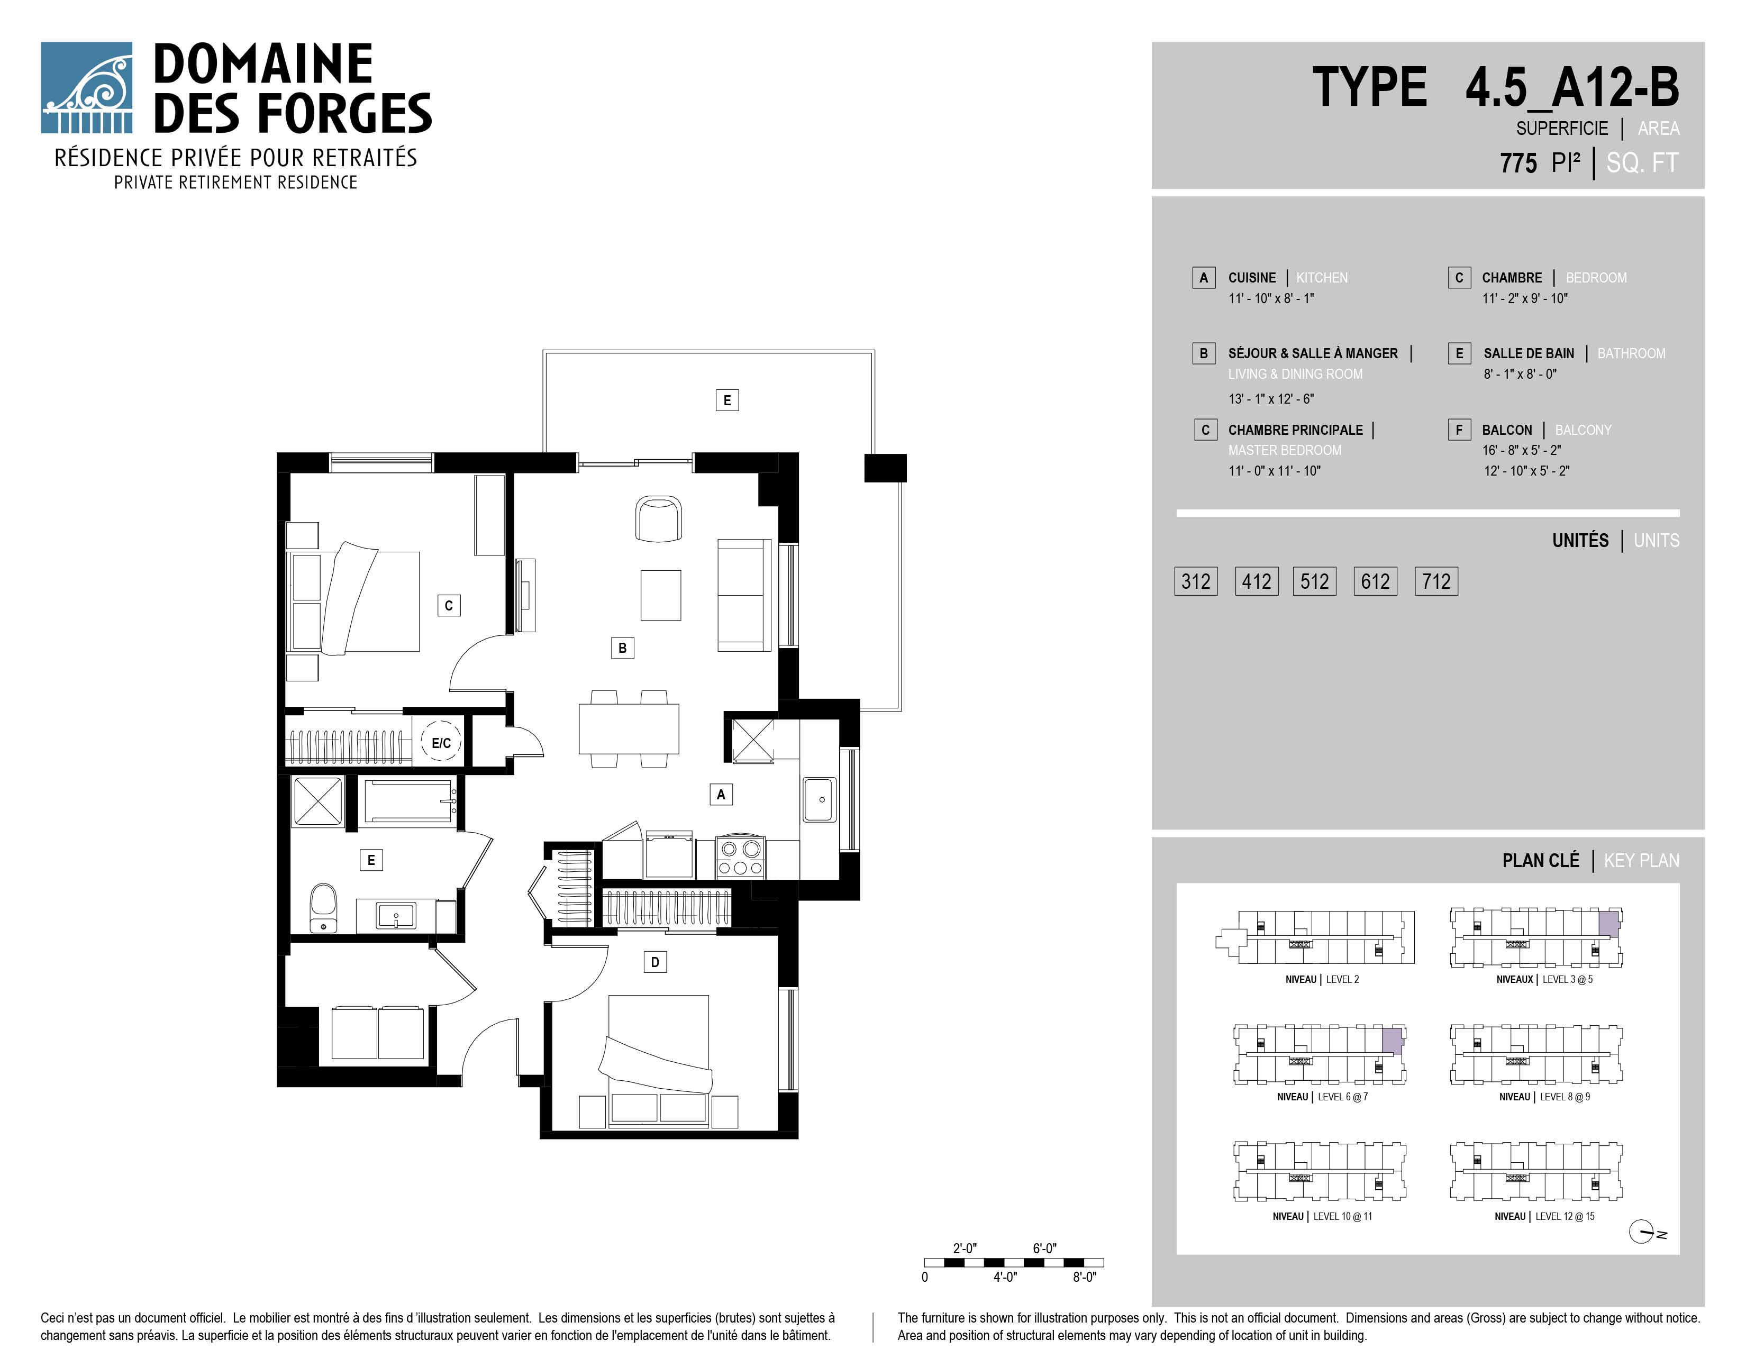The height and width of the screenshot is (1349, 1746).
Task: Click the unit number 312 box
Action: [x=1195, y=581]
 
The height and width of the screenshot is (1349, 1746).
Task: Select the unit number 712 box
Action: [x=1436, y=581]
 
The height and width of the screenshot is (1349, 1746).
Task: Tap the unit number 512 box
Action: [x=1314, y=581]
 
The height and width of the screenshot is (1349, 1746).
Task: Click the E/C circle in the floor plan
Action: [x=441, y=742]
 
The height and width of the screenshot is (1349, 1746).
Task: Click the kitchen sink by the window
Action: [x=820, y=799]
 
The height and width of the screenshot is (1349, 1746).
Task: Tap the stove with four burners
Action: [x=740, y=858]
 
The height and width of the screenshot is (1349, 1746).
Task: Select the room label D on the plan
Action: [x=655, y=962]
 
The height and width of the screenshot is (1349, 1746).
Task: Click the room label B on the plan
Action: [x=622, y=648]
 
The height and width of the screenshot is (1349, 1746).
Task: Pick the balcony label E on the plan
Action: [x=726, y=400]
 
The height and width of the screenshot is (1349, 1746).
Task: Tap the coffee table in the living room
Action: [x=660, y=595]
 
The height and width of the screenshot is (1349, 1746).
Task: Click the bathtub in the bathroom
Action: [x=410, y=801]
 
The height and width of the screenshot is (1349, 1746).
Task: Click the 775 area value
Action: [x=1518, y=163]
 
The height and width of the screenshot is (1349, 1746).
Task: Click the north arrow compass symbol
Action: [x=1642, y=1232]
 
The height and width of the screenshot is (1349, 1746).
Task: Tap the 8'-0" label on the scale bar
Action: [x=1084, y=1277]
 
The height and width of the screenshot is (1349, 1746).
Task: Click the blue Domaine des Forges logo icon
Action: [x=86, y=88]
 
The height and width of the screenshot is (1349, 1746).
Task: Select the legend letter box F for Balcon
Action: [x=1459, y=430]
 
